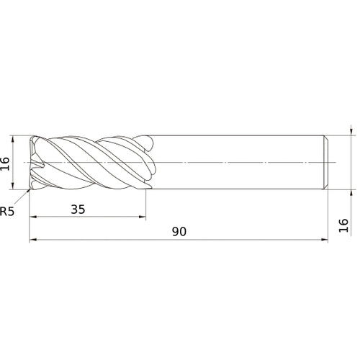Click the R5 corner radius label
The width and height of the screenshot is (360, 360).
[7, 212]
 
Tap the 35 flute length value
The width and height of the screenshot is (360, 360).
[78, 210]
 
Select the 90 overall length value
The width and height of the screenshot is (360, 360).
[179, 232]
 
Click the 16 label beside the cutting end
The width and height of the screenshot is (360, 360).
[5, 164]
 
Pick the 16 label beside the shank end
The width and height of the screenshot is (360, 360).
[343, 225]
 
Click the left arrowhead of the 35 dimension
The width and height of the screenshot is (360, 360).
[32, 217]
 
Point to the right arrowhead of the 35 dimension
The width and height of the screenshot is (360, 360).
[143, 217]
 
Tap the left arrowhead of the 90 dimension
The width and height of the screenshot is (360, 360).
[32, 239]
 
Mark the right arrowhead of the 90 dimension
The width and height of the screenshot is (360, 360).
[325, 239]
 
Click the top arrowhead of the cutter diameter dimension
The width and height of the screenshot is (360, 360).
[13, 139]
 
